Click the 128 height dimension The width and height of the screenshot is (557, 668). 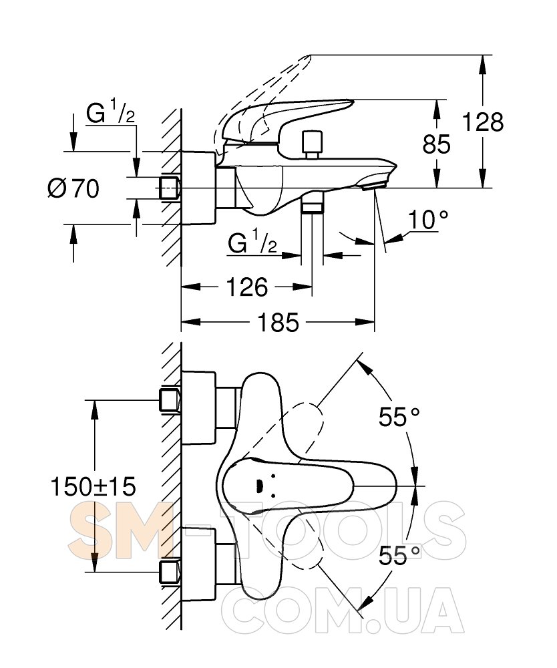point(483,122)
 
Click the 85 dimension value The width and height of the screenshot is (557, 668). point(437,144)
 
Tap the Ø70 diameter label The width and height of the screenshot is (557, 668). point(73,189)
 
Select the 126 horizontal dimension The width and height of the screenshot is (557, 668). point(248,287)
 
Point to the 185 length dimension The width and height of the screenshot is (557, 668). point(278,323)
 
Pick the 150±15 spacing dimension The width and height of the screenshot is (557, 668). point(94,487)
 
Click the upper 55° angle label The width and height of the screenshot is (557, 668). point(399,417)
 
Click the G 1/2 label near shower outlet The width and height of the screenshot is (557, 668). point(252,243)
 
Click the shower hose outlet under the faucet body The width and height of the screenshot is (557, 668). point(312,203)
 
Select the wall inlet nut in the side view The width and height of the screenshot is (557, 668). point(170,188)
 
